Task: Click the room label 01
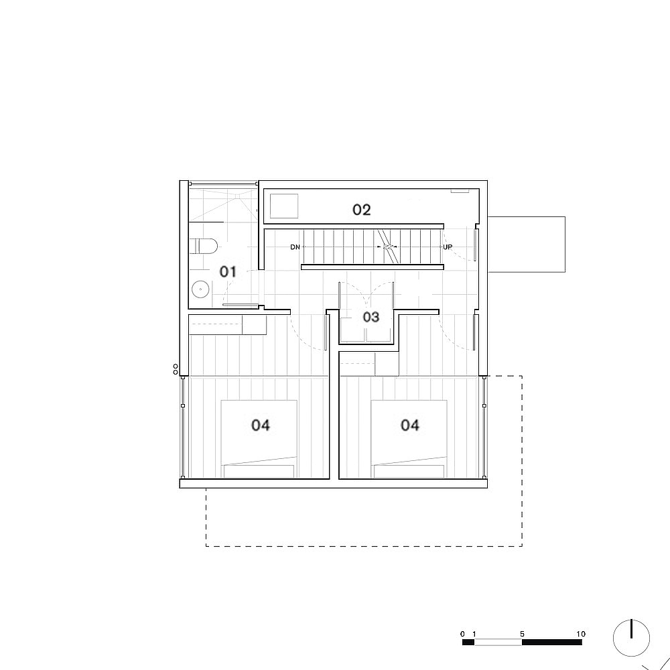[228, 271]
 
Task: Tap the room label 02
[362, 210]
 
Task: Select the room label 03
[371, 317]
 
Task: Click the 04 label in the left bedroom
[261, 425]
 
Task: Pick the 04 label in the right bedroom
[410, 425]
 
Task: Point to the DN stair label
[295, 247]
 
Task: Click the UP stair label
[448, 247]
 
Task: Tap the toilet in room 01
[202, 247]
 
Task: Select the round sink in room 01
[200, 289]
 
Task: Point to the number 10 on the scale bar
[580, 634]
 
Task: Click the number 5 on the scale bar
[522, 634]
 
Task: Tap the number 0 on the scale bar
[462, 634]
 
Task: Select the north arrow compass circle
[632, 639]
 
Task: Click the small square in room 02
[284, 205]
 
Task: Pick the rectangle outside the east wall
[527, 244]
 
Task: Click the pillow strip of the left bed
[259, 471]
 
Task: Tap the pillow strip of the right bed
[409, 471]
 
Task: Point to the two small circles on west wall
[176, 369]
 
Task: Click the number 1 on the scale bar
[474, 634]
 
